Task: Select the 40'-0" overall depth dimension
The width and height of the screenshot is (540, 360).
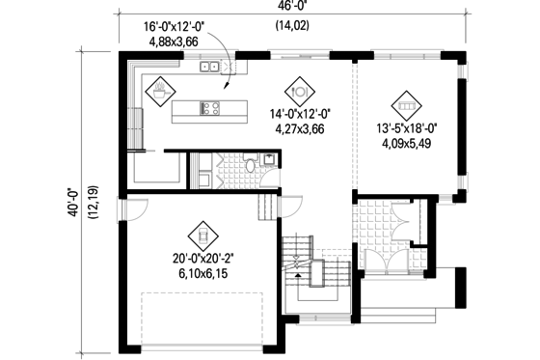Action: [74, 203]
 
